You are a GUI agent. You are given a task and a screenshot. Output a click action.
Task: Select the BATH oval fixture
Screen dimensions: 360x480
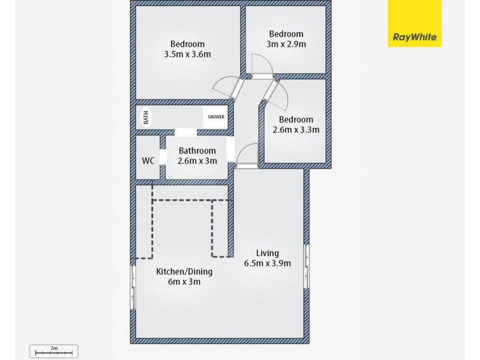[146, 117]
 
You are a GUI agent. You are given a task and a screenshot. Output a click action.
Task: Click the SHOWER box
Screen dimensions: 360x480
[216, 117]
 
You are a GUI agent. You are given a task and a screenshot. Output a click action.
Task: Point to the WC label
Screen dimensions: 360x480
[148, 161]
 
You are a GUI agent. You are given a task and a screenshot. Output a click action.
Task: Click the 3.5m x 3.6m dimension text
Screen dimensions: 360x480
[187, 54]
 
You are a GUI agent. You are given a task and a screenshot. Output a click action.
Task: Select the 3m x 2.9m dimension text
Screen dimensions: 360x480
[286, 44]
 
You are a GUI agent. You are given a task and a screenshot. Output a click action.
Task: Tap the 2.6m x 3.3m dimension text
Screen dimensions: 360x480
[296, 129]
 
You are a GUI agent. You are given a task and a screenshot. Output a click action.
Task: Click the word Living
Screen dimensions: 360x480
[267, 253]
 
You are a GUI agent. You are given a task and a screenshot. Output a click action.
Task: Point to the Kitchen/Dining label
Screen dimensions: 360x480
[184, 271]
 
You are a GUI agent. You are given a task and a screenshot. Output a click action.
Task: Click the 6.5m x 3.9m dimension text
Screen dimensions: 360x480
[267, 263]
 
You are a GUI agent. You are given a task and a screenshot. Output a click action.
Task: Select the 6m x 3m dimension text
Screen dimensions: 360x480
[184, 281]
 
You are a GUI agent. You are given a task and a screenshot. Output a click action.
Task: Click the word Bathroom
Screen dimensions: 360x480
[197, 151]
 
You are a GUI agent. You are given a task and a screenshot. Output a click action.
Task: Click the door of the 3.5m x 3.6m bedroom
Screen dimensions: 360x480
[228, 89]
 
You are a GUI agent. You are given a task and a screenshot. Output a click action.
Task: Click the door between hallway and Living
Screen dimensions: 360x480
[247, 156]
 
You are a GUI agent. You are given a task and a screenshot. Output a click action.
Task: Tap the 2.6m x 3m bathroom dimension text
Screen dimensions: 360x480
[197, 161]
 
